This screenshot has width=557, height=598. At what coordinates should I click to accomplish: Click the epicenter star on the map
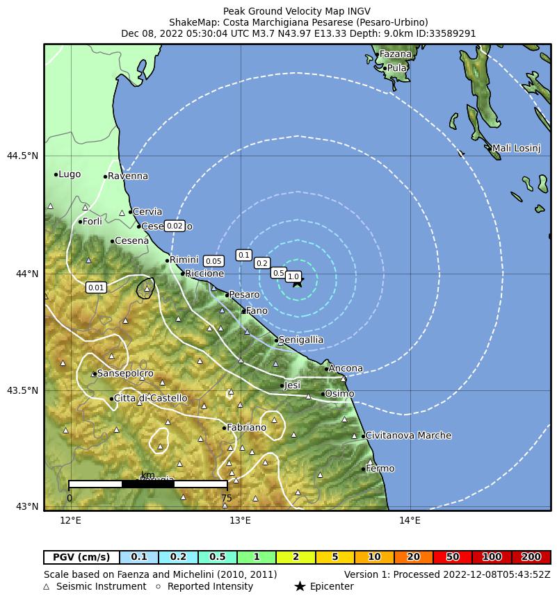coord(298,281)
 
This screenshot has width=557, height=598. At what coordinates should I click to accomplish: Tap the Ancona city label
coord(346,368)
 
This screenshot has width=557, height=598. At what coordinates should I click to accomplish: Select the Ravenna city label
coord(128,176)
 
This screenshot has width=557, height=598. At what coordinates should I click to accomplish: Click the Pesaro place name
coord(244,295)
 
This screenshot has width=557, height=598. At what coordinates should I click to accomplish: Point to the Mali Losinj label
coord(516,148)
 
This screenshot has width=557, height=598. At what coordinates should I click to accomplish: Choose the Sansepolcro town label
coord(125,374)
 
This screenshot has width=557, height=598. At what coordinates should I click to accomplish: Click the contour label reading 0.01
coord(96,288)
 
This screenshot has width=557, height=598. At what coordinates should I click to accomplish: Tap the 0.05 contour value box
coord(213,261)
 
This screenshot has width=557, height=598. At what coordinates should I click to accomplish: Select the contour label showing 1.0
coord(293,276)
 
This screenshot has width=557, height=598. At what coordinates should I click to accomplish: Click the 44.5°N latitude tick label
coord(22,156)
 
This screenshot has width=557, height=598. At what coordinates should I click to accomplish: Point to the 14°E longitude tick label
coord(410,520)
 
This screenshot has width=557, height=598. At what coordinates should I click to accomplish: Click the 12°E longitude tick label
coord(70,520)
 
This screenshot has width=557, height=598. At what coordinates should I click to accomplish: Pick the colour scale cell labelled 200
coord(531,557)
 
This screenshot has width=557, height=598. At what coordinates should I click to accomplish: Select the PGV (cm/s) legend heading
coord(81,557)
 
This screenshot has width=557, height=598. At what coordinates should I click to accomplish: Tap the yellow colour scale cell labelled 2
coord(296,557)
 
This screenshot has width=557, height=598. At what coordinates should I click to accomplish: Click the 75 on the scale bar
coord(227,498)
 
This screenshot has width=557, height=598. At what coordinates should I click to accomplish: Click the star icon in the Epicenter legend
coord(300,587)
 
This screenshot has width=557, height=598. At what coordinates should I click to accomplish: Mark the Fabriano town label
coord(246,428)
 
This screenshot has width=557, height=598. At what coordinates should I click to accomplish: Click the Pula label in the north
coord(396,68)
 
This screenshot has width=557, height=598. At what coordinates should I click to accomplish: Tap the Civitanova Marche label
coord(408,436)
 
